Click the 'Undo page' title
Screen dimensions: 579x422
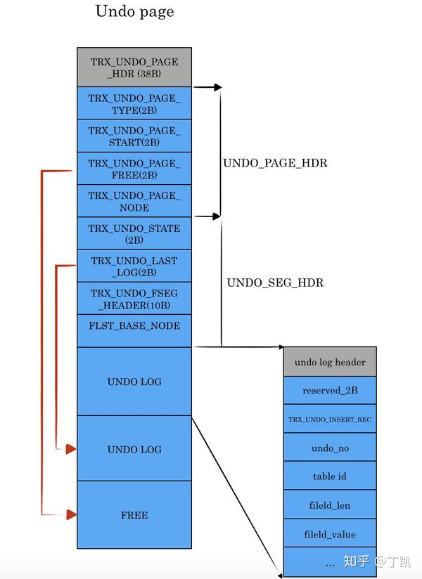pyautogui.click(x=134, y=11)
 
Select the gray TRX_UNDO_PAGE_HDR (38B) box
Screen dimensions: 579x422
pyautogui.click(x=134, y=67)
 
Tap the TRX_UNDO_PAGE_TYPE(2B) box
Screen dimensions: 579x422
pyautogui.click(x=134, y=104)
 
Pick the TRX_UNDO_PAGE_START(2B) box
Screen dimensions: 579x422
pyautogui.click(x=134, y=136)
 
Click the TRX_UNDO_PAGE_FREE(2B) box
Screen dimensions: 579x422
pyautogui.click(x=134, y=169)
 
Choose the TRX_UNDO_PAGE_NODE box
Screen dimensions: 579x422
pyautogui.click(x=134, y=201)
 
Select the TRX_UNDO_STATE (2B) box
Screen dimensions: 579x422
pyautogui.click(x=134, y=234)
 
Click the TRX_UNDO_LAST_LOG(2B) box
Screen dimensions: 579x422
pyautogui.click(x=134, y=266)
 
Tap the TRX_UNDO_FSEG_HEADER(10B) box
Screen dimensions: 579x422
pyautogui.click(x=134, y=299)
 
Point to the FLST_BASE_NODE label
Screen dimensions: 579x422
pyautogui.click(x=134, y=326)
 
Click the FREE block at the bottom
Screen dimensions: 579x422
pyautogui.click(x=134, y=515)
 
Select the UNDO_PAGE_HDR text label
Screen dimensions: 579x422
pyautogui.click(x=275, y=163)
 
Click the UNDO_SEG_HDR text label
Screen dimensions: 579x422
pyautogui.click(x=275, y=283)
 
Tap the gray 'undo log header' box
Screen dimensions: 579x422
pyautogui.click(x=330, y=362)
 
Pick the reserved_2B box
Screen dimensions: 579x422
pyautogui.click(x=330, y=390)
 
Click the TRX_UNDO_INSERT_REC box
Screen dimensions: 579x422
pyautogui.click(x=330, y=419)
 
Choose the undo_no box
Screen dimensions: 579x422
pyautogui.click(x=330, y=448)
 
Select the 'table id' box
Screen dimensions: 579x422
pyautogui.click(x=330, y=476)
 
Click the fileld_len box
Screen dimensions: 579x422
pyautogui.click(x=330, y=505)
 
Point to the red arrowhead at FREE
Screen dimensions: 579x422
pyautogui.click(x=71, y=515)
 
